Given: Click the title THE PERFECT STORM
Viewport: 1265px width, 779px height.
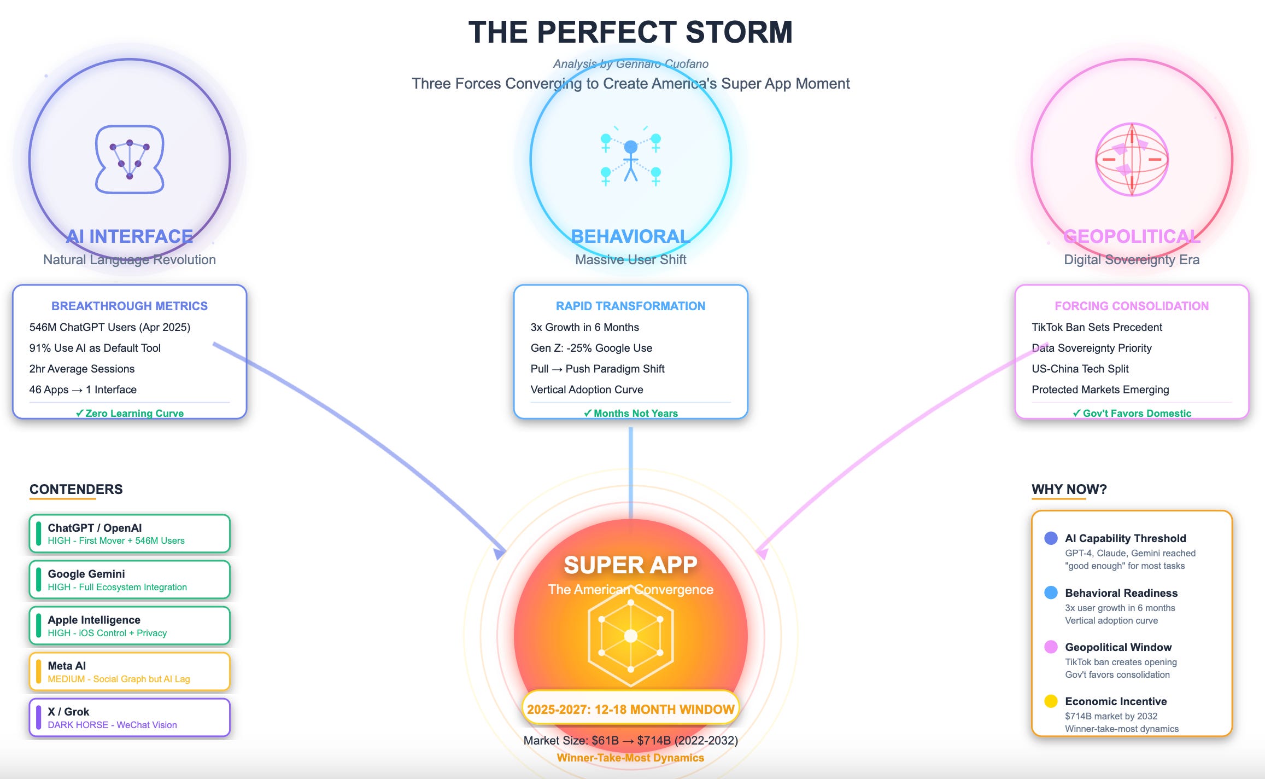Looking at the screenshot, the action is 630,32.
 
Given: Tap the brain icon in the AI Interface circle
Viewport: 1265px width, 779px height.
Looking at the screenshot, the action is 130,160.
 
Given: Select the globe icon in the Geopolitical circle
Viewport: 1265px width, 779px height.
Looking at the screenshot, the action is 1132,159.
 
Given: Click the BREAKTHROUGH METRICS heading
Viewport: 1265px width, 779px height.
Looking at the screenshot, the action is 130,306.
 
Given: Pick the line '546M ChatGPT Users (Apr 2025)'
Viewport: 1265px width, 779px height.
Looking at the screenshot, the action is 109,327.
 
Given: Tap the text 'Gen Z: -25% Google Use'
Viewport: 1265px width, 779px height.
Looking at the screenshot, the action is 591,348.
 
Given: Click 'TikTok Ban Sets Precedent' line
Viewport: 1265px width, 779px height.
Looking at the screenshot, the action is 1097,327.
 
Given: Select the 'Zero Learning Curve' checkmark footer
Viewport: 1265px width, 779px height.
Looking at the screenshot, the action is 130,413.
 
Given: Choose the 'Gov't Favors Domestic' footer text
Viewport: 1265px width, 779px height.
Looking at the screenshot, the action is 1132,413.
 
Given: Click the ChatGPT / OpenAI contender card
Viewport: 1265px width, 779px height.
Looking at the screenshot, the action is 130,533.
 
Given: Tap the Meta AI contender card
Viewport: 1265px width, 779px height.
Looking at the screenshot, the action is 130,672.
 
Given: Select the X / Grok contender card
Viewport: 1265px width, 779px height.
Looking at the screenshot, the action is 130,718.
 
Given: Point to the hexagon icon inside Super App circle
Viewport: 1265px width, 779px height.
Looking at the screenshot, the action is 631,636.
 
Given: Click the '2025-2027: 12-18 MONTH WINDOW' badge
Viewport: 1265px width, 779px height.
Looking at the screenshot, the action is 630,709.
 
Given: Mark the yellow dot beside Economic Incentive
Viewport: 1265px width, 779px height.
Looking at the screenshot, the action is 1051,701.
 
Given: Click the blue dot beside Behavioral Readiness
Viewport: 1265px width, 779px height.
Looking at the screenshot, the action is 1051,593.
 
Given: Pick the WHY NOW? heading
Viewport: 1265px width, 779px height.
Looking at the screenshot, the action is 1069,489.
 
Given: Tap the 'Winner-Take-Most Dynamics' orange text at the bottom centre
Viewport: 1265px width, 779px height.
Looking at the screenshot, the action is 630,758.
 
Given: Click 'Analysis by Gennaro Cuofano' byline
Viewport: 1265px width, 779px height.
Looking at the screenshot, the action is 630,64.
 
